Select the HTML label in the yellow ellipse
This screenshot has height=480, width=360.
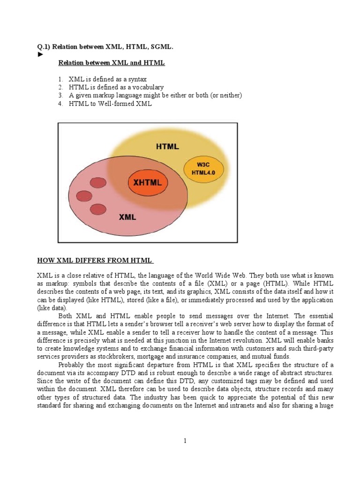167,146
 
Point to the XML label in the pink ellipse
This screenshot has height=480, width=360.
127,217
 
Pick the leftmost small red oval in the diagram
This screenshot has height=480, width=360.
84,196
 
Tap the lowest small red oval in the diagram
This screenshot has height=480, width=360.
98,209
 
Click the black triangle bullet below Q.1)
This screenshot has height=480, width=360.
40,54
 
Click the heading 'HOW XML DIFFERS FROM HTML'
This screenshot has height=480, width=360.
95,260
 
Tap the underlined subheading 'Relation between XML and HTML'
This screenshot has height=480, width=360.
111,63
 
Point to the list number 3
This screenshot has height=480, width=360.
60,96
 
